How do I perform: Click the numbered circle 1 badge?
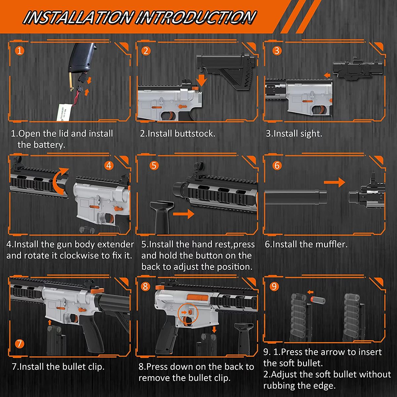[x=20, y=51]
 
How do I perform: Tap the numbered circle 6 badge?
[x=277, y=165]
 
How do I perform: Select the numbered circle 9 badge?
[x=274, y=287]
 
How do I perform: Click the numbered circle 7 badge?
[x=20, y=344]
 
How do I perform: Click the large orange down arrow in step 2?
[x=202, y=80]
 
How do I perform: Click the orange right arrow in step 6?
[x=334, y=182]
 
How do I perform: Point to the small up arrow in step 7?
[x=49, y=322]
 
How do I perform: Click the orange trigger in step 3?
[x=323, y=109]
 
